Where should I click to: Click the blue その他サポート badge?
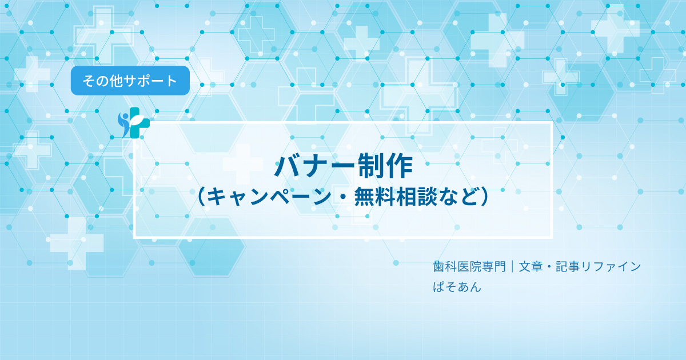(x=130, y=81)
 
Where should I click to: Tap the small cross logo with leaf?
(x=134, y=123)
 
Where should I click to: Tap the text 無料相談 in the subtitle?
(x=395, y=197)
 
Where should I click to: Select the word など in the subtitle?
(x=458, y=197)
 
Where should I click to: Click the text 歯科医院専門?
(x=469, y=267)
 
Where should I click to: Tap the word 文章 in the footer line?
(x=531, y=267)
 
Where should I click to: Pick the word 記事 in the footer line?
(x=568, y=267)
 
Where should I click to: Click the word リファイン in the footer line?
(x=611, y=267)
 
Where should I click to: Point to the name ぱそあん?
(x=457, y=287)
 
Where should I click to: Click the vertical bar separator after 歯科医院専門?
(x=512, y=267)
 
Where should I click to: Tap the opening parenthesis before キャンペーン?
(x=201, y=197)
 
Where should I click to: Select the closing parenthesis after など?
(x=484, y=197)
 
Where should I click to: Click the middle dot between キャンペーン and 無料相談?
(x=342, y=197)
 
